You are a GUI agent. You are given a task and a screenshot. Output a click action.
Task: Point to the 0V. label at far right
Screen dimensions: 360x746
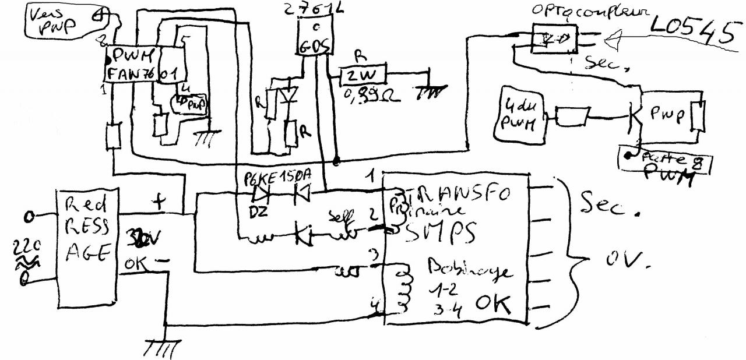[x=617, y=263]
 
